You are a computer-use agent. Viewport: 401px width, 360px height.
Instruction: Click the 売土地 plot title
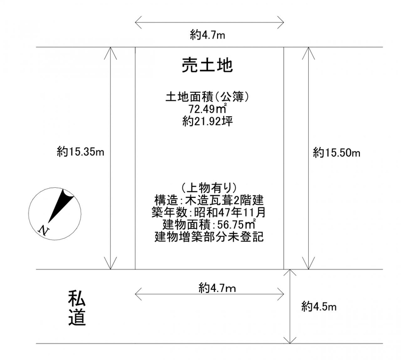click(207, 66)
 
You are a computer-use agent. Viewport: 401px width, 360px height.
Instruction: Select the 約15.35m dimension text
click(80, 152)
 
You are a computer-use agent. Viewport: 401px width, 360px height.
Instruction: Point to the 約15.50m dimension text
click(336, 153)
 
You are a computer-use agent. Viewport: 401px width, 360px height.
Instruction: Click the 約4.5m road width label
click(319, 306)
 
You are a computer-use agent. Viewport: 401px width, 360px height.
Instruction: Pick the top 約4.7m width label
click(208, 35)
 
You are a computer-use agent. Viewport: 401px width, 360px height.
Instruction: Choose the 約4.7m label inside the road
click(217, 288)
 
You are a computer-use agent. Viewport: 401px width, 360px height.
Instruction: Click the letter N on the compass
click(44, 230)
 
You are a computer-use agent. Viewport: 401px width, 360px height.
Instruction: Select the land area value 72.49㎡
click(208, 109)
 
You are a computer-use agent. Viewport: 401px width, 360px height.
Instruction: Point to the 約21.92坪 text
click(208, 121)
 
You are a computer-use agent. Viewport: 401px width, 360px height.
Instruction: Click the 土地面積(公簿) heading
click(208, 97)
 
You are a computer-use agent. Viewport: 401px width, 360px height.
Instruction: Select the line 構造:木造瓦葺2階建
click(209, 200)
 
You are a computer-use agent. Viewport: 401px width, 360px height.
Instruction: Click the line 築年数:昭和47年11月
click(209, 212)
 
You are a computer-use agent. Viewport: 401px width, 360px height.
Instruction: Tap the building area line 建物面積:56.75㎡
click(209, 225)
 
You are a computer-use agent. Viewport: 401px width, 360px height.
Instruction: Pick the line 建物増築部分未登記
click(209, 237)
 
